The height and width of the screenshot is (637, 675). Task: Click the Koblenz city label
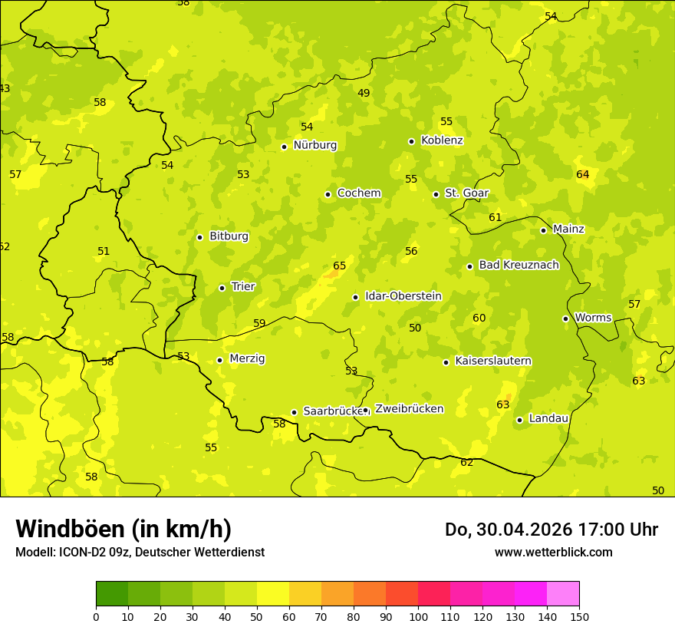[x=442, y=140]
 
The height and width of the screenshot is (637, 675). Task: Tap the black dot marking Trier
[x=222, y=288]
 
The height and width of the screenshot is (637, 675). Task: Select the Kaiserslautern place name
[x=493, y=361]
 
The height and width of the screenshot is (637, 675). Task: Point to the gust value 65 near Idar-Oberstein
[x=339, y=266]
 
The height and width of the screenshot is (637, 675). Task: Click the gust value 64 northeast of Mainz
[x=583, y=174]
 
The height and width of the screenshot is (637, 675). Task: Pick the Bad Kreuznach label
[x=519, y=265]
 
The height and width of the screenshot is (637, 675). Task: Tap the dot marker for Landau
[x=520, y=420]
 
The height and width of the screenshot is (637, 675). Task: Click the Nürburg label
[x=314, y=145]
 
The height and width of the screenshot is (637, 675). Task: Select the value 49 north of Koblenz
[x=364, y=93]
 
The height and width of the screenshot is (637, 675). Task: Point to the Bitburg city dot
[x=199, y=237]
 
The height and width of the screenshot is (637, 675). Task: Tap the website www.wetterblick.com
[x=553, y=553]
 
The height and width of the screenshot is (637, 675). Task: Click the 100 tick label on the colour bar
[x=418, y=616]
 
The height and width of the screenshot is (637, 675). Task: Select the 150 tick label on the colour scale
[x=579, y=616]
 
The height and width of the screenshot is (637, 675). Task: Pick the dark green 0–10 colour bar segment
[x=112, y=593]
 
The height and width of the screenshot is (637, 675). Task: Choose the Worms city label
[x=593, y=318]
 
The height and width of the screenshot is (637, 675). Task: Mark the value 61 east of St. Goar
[x=496, y=217]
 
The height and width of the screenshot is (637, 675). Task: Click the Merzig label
[x=247, y=358]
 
